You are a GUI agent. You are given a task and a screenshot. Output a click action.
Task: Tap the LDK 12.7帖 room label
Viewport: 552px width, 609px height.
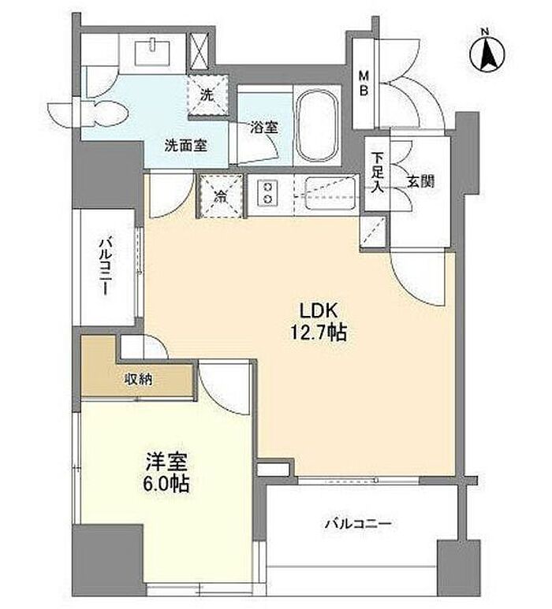318,321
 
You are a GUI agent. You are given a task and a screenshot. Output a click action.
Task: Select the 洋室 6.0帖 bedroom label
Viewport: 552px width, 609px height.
167,473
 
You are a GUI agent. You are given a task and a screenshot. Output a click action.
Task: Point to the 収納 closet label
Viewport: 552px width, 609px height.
138,379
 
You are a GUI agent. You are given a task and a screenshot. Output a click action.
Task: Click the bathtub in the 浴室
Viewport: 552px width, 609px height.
316,125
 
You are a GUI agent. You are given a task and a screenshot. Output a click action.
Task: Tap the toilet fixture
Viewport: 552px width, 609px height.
104,113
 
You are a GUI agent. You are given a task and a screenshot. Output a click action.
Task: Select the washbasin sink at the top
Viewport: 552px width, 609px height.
153,53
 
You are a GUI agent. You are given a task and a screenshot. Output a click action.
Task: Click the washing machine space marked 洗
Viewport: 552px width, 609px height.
207,95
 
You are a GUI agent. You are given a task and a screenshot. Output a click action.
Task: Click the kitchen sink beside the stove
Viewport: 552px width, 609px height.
331,193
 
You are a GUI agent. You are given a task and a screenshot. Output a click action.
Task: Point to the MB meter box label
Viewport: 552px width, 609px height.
364,83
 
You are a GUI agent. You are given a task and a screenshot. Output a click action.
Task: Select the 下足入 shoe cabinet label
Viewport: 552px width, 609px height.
377,173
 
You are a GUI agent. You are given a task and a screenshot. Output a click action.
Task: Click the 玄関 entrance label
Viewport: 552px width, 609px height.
420,181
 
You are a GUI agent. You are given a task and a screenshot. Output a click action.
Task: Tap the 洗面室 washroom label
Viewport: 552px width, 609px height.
186,146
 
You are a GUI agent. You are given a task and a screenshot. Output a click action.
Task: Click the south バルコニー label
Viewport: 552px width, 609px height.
358,524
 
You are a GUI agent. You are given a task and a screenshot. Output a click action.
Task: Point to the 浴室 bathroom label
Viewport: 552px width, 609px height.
264,127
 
